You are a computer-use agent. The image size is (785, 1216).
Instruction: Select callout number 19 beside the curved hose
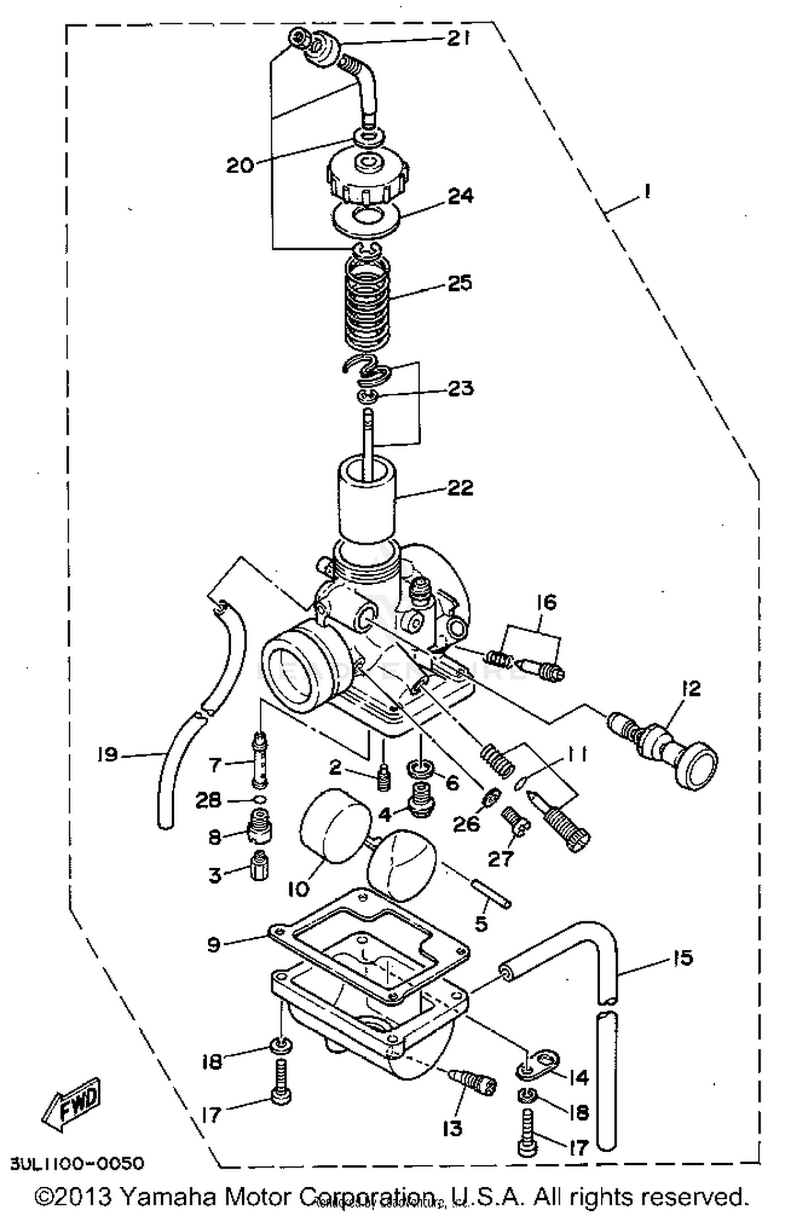tap(107, 755)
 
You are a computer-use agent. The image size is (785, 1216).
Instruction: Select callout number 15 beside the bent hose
tap(680, 958)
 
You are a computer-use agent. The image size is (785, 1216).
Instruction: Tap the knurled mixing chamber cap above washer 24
tap(368, 180)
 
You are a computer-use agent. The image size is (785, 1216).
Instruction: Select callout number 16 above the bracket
tap(547, 603)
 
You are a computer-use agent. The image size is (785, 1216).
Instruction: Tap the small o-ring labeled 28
tap(260, 800)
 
